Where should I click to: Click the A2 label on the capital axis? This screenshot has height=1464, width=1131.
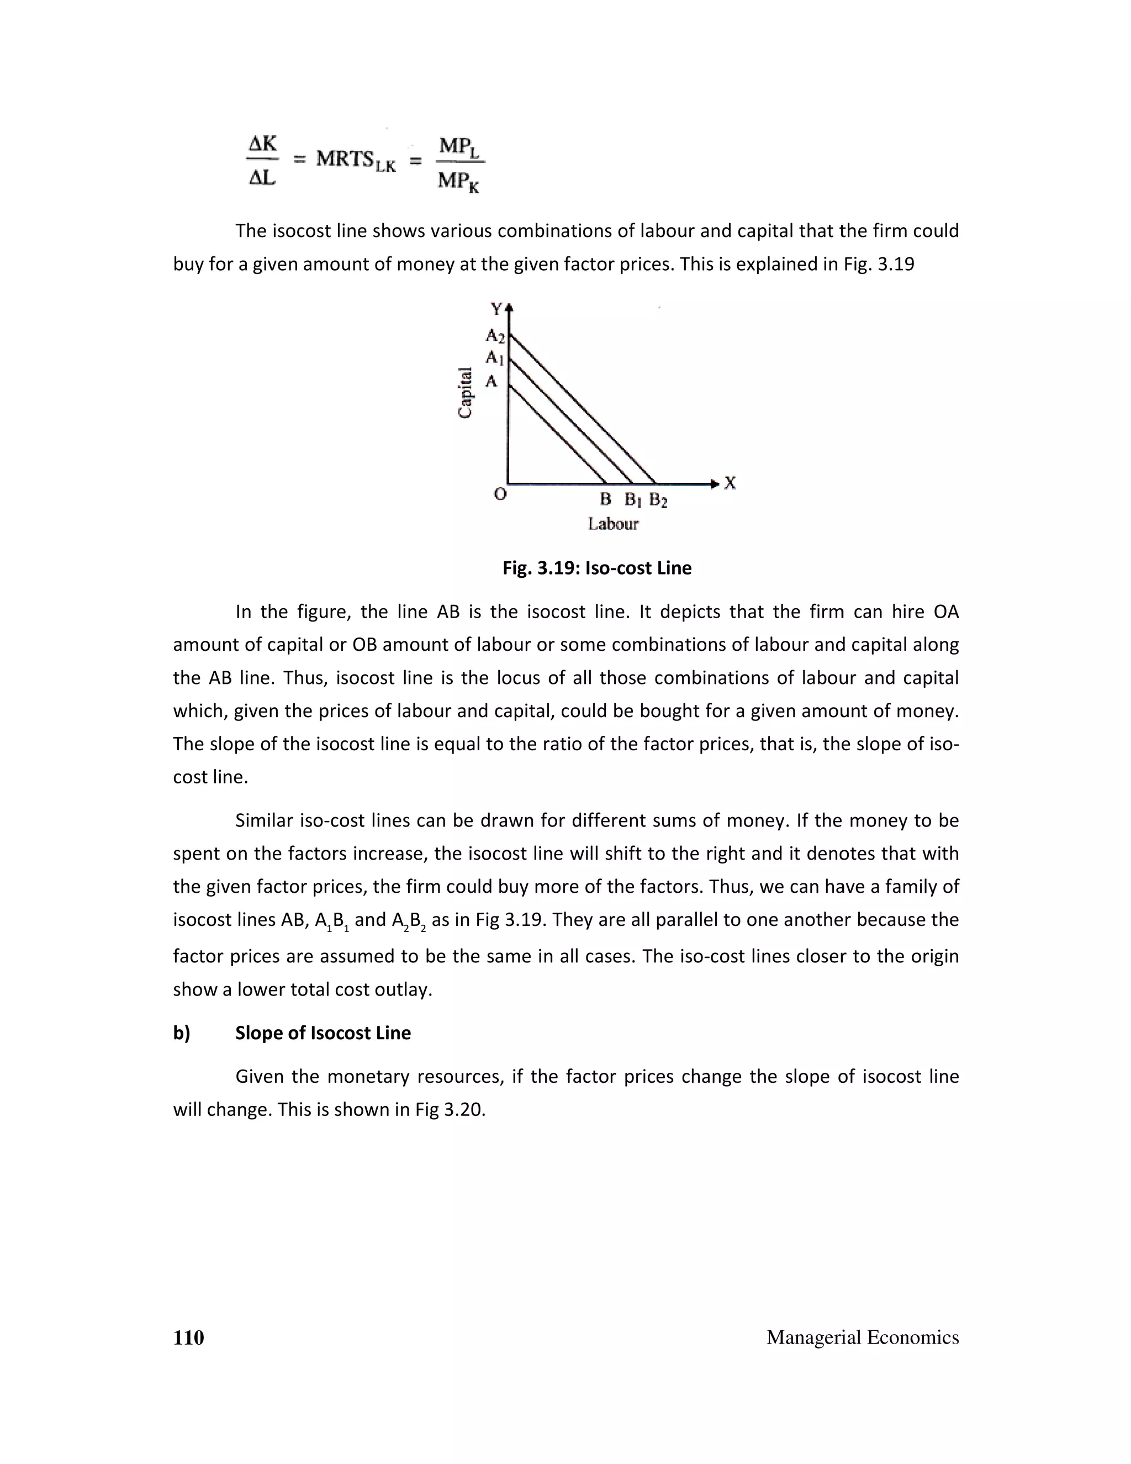pyautogui.click(x=495, y=335)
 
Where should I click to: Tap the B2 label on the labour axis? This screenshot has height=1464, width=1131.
pyautogui.click(x=658, y=500)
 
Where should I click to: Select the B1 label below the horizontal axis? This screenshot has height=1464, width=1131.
pyautogui.click(x=633, y=500)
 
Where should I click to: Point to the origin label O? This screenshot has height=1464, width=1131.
pyautogui.click(x=500, y=494)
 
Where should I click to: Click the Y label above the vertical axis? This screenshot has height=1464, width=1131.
pyautogui.click(x=496, y=309)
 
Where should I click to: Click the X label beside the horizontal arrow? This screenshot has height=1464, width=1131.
pyautogui.click(x=730, y=483)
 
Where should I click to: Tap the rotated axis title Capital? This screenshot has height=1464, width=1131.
pyautogui.click(x=465, y=393)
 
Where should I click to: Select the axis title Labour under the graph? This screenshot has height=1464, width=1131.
pyautogui.click(x=613, y=524)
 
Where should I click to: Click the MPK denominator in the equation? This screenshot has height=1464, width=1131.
pyautogui.click(x=459, y=181)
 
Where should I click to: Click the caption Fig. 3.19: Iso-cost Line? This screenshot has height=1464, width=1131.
pyautogui.click(x=597, y=568)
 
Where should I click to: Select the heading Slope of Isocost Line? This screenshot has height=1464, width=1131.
pyautogui.click(x=323, y=1033)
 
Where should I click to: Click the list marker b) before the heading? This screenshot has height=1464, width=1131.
pyautogui.click(x=182, y=1033)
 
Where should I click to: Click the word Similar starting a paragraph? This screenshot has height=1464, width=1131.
pyautogui.click(x=264, y=820)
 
